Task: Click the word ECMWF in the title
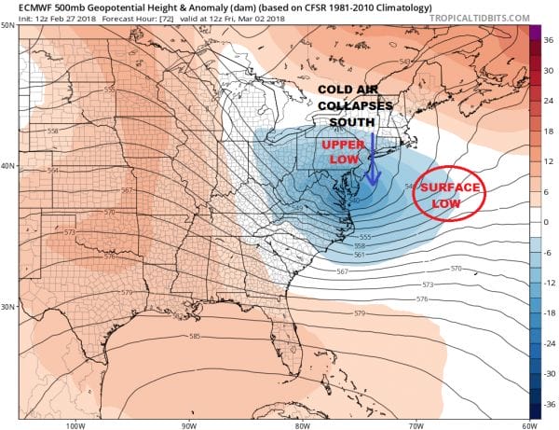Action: coord(22,6)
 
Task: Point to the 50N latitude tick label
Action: coord(8,25)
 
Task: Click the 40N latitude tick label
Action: coord(8,166)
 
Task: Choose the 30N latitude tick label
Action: coord(8,307)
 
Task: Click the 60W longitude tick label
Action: coord(526,424)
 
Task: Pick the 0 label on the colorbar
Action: coord(546,222)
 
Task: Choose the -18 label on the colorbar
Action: coord(548,313)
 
